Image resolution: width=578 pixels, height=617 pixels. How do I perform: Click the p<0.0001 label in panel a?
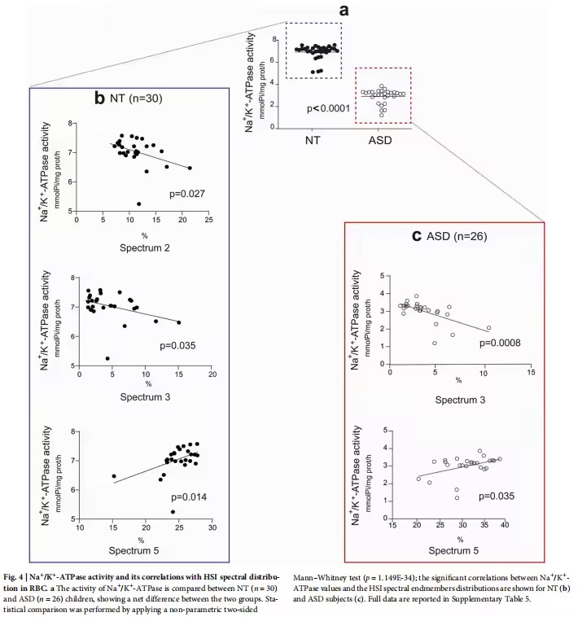[329, 108]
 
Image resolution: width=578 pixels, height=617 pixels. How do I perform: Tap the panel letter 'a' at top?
[344, 11]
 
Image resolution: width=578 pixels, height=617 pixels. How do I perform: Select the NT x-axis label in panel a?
[313, 140]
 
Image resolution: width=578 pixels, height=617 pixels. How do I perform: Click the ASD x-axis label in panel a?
[380, 140]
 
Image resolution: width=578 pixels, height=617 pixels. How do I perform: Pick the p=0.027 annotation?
[187, 194]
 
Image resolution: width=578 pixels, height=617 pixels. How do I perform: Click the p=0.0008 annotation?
[500, 343]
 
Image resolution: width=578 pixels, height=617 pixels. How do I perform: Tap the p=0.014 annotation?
[189, 497]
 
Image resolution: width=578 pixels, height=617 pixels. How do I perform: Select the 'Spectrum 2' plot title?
[145, 248]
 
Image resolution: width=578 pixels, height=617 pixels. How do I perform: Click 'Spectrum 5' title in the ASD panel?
[453, 550]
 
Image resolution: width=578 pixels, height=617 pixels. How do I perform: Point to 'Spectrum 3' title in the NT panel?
[145, 396]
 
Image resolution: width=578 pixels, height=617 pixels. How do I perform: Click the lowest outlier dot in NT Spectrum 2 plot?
[139, 203]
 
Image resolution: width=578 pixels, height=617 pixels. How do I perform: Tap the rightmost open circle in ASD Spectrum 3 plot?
[488, 328]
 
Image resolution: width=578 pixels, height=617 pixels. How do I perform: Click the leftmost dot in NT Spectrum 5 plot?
[114, 476]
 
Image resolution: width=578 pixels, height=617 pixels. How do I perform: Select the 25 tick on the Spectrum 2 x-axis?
[208, 220]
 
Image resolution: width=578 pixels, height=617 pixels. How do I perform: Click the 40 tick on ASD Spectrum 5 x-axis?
[505, 524]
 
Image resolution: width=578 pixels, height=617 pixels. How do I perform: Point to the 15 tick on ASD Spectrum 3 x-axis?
[531, 372]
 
